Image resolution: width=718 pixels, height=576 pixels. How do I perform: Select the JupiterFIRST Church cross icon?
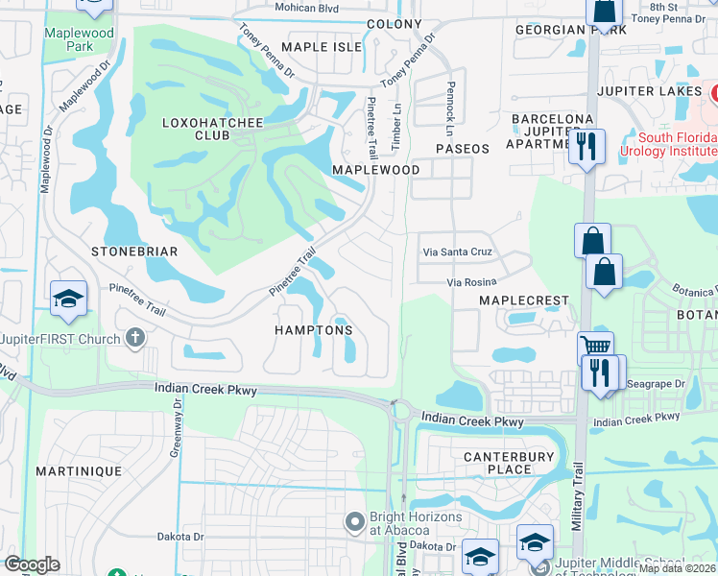135,338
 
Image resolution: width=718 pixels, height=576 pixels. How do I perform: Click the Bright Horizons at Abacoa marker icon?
355,522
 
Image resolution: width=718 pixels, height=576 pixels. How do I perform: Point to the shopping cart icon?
595,348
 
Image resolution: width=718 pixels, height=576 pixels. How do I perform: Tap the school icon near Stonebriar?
69,299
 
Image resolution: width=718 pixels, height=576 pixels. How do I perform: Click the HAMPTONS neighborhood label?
315,330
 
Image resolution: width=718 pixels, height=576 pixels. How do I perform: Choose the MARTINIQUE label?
79,471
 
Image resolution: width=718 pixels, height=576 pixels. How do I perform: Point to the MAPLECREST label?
524,300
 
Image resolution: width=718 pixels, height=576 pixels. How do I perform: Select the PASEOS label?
463,149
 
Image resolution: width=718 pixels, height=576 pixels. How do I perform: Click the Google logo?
32,564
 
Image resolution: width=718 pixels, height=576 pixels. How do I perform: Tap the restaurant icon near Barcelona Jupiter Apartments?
586,147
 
